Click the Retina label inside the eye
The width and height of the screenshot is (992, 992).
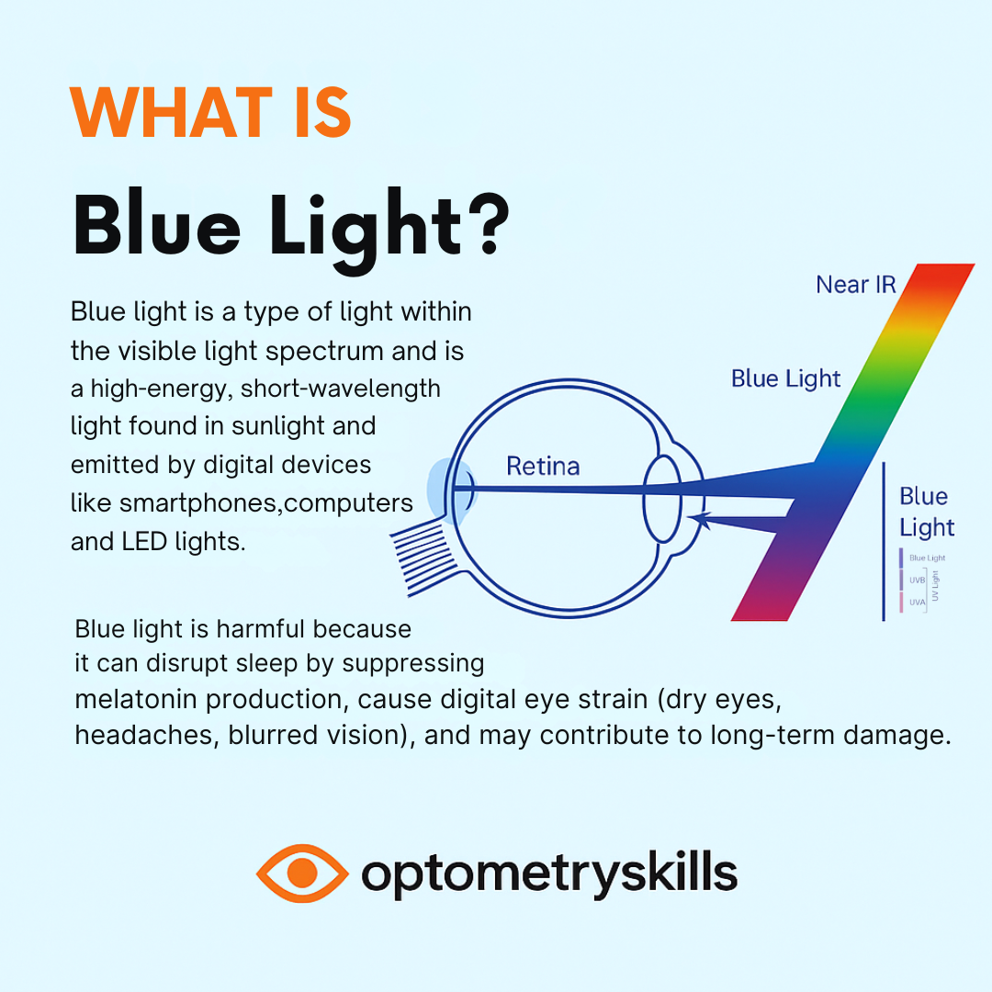click(543, 467)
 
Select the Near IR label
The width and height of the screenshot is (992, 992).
click(855, 285)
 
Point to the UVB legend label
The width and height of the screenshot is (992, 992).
click(918, 581)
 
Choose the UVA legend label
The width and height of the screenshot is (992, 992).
click(918, 603)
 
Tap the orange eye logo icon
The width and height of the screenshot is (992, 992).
click(302, 874)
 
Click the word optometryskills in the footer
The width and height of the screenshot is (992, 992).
click(548, 874)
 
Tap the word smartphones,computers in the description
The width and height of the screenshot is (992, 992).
click(266, 504)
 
